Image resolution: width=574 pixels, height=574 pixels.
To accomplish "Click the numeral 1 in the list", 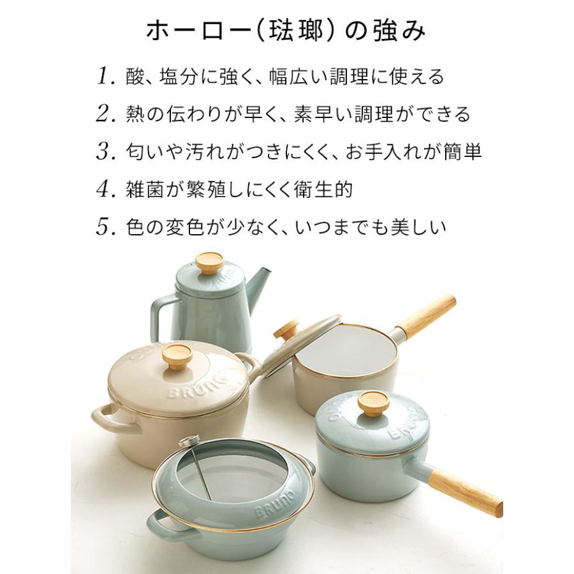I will tap(103, 77).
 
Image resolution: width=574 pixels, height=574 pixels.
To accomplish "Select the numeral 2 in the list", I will tap(103, 115).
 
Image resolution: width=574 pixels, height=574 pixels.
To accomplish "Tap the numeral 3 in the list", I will tap(103, 152).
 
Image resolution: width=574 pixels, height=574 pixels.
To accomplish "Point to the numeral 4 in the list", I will tap(103, 189).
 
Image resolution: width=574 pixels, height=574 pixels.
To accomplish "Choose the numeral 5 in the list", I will tap(103, 227).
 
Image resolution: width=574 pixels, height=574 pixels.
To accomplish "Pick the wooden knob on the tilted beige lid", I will tap(286, 330).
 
